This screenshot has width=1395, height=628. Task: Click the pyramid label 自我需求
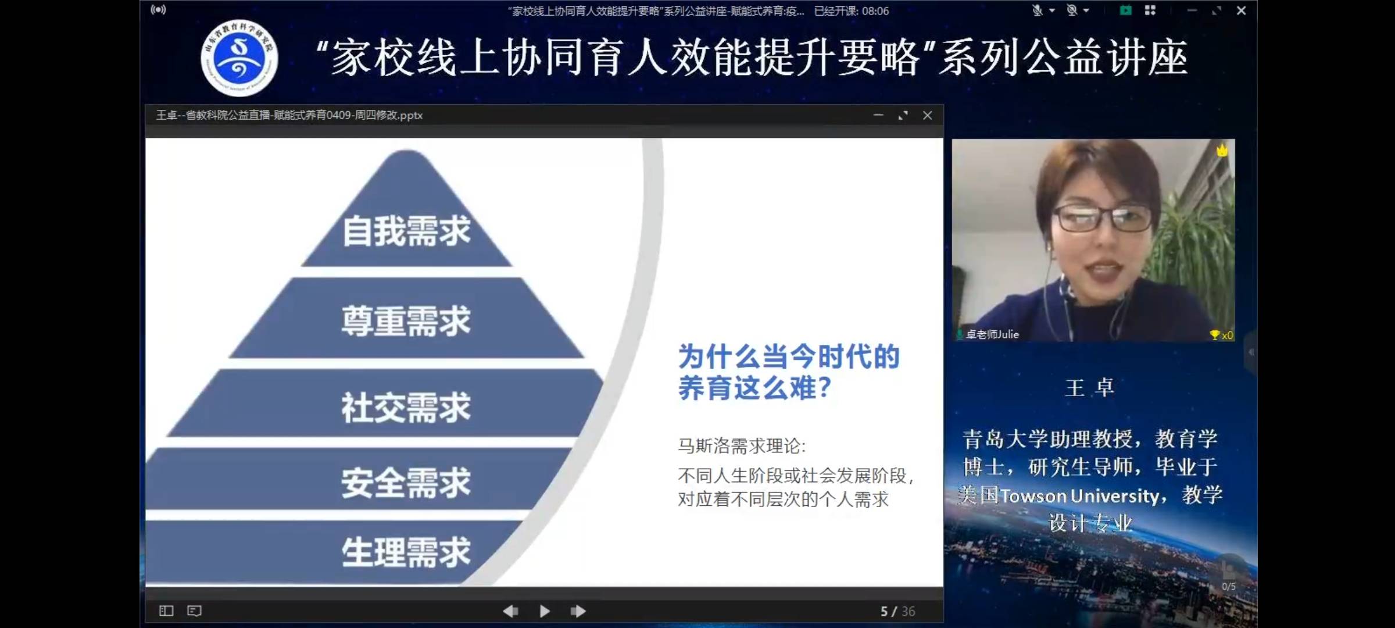click(406, 231)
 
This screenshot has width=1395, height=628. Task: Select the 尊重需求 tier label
click(406, 321)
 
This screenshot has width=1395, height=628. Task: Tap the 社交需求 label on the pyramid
click(406, 408)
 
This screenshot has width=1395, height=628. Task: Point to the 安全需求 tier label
click(406, 483)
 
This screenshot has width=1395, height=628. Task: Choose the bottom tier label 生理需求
click(406, 552)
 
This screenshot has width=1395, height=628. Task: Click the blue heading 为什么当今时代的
click(789, 356)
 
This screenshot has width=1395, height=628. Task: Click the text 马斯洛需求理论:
click(742, 446)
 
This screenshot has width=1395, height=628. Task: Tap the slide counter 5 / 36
click(897, 611)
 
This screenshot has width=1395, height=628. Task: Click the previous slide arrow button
click(510, 611)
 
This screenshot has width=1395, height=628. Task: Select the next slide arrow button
click(578, 611)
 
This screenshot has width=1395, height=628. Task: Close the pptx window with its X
click(928, 116)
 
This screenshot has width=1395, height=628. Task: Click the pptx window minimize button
click(878, 116)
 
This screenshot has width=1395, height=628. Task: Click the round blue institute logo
click(239, 58)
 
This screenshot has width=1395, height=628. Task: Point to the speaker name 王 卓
click(1089, 388)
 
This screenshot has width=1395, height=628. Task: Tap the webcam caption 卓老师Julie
click(992, 334)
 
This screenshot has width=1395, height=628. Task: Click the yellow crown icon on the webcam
click(1222, 151)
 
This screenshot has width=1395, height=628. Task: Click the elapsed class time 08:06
click(875, 11)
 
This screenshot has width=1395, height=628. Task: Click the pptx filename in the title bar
click(289, 116)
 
